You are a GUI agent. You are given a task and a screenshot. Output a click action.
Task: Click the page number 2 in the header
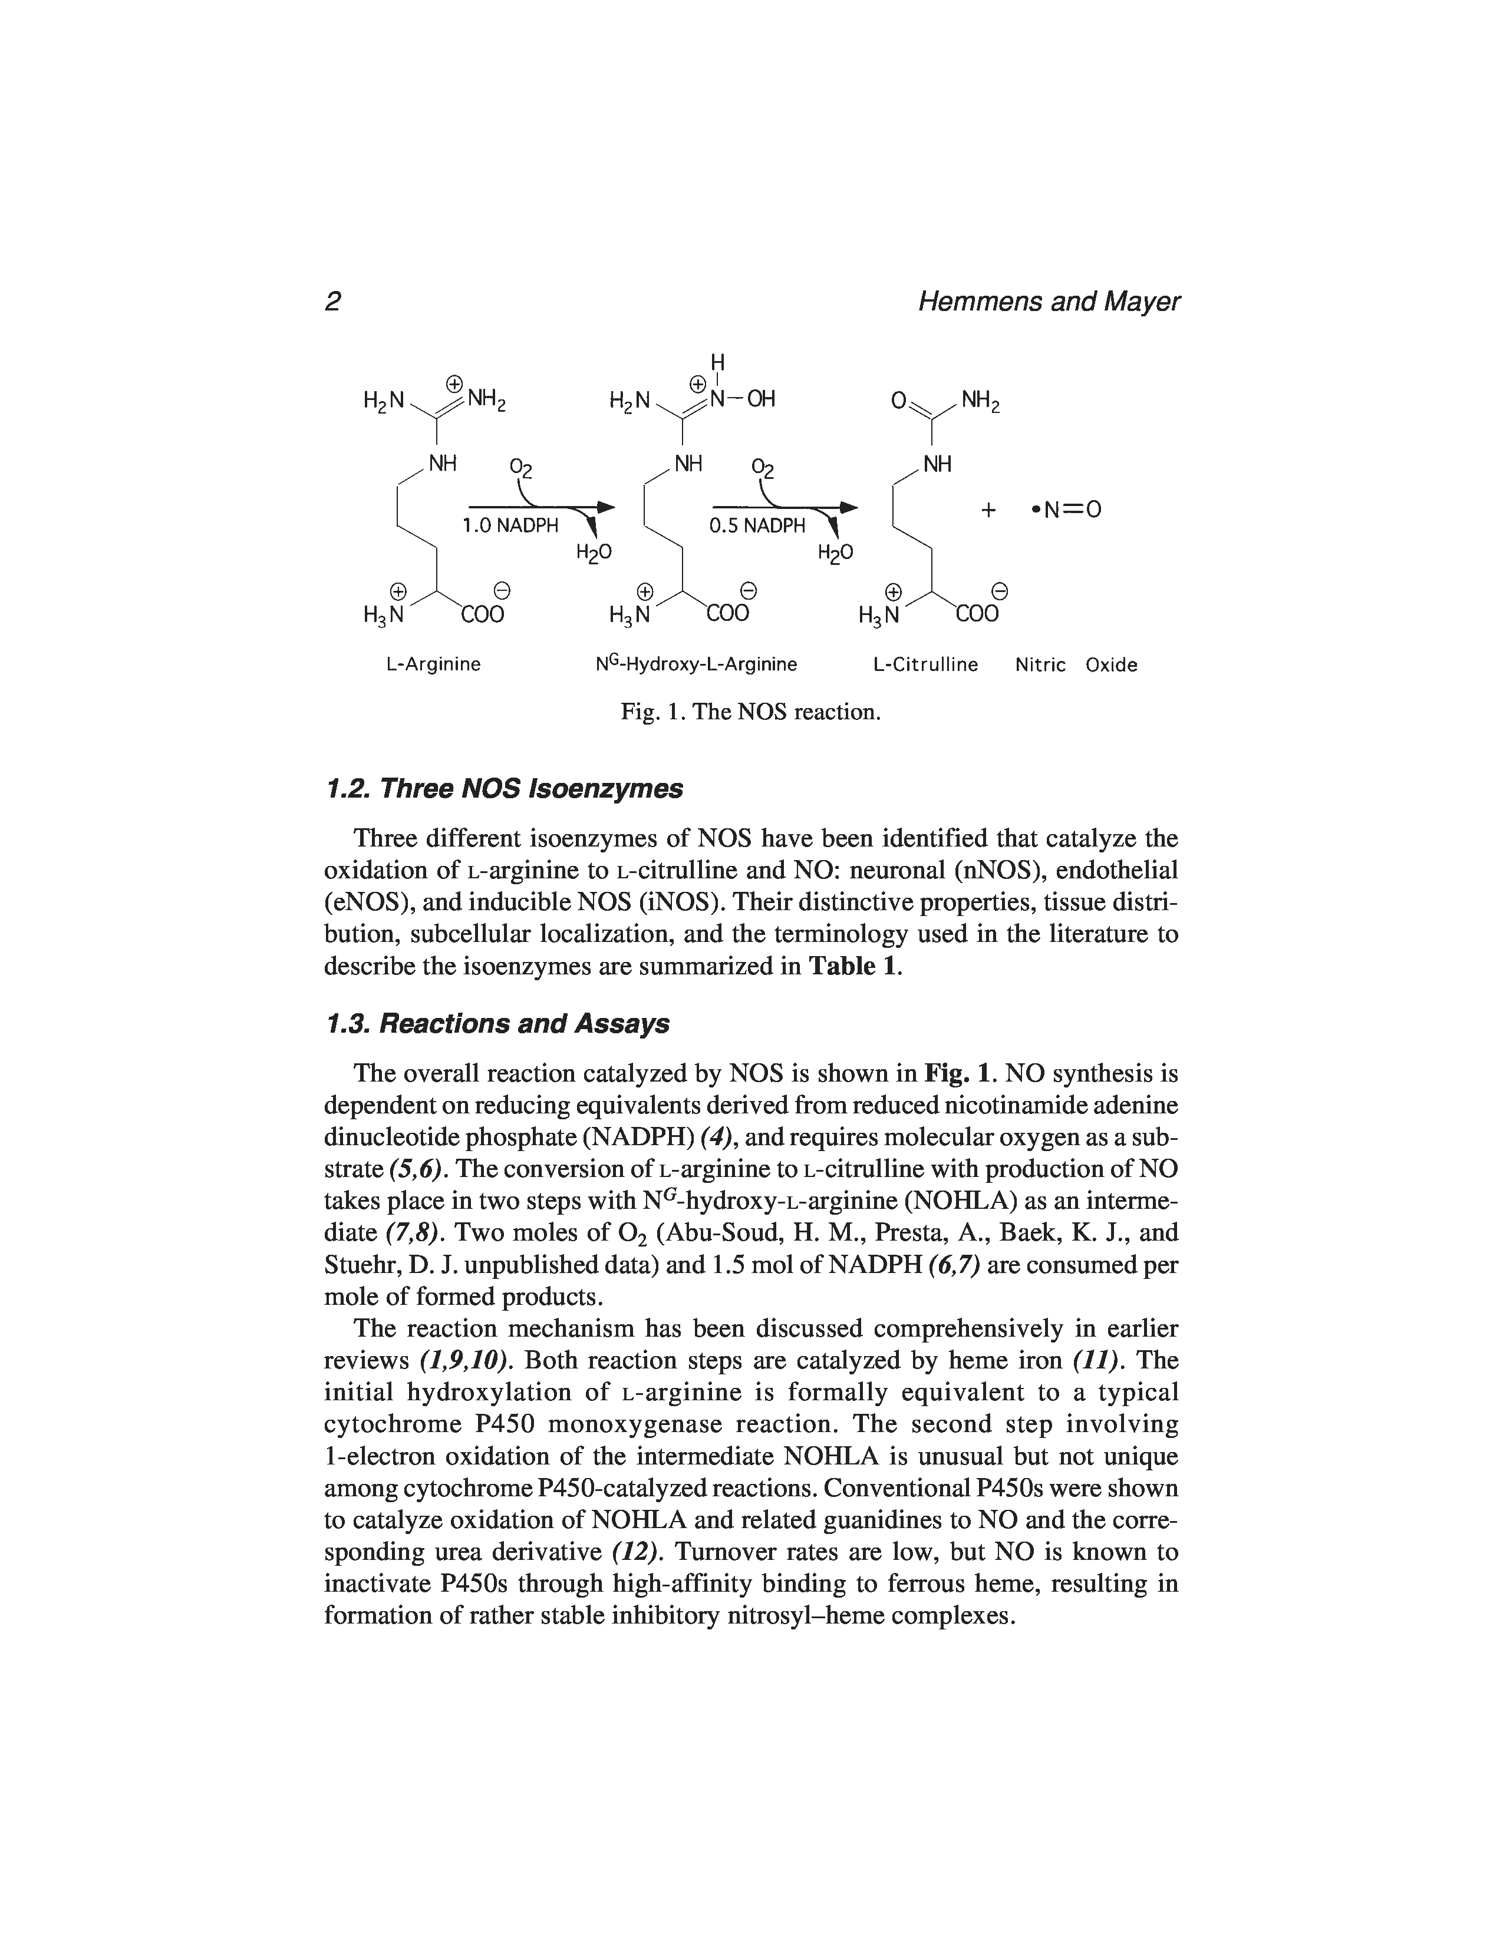(333, 303)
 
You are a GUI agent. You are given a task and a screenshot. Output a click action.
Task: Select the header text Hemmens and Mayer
(1048, 303)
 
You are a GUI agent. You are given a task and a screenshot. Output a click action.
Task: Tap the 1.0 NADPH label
(509, 526)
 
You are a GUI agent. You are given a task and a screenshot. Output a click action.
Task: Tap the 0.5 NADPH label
(756, 526)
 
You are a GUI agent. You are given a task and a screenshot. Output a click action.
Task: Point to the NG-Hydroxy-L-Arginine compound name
(696, 665)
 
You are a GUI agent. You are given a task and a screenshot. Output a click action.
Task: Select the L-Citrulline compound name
(925, 665)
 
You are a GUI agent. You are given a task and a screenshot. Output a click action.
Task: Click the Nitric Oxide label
(1076, 665)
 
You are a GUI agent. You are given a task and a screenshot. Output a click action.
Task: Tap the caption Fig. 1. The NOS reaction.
(750, 712)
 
